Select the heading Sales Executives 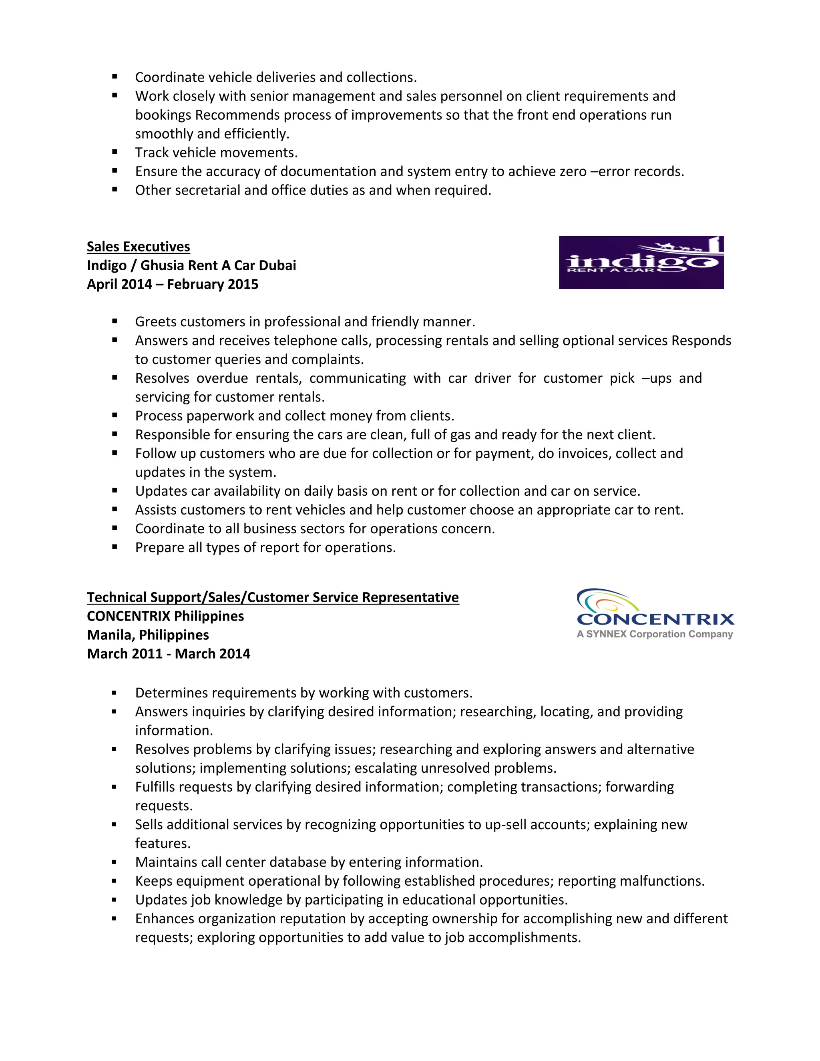[x=138, y=247]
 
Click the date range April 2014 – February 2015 [x=173, y=284]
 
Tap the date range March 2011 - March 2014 [x=168, y=653]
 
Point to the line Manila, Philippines [x=148, y=635]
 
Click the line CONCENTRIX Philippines [x=165, y=616]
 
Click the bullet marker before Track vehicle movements [x=115, y=152]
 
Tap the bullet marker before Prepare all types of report [x=115, y=547]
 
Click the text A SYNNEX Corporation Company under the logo [x=654, y=634]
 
